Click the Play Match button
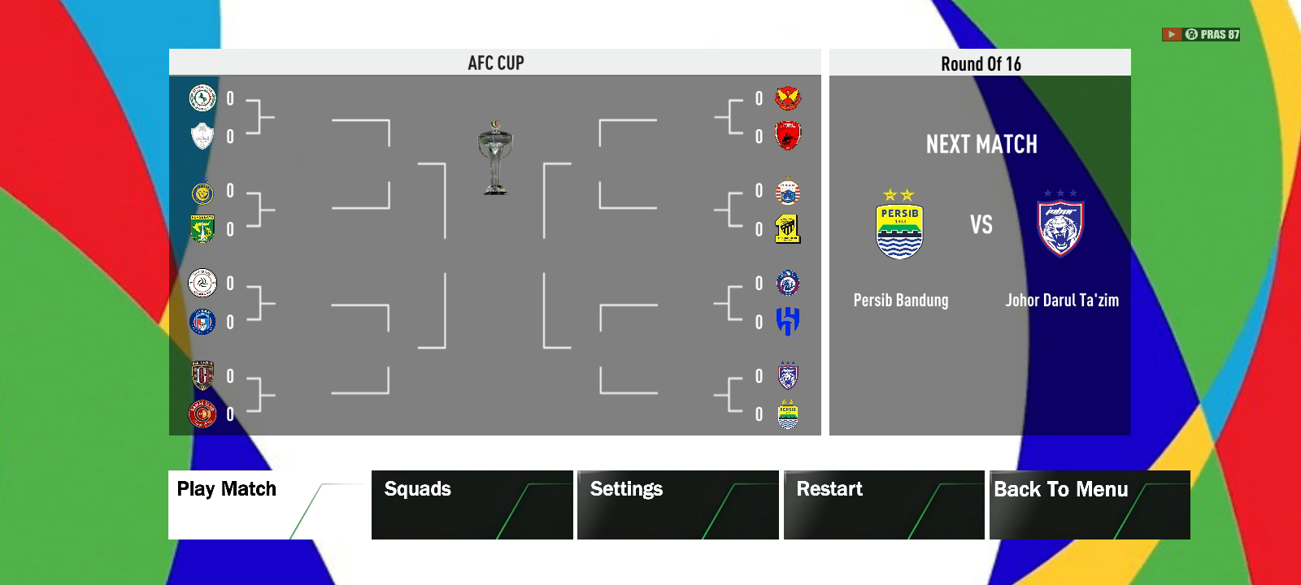click(268, 505)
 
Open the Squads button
click(472, 505)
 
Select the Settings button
click(677, 505)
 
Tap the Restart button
click(884, 505)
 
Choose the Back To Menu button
click(1090, 505)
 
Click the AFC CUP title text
click(496, 63)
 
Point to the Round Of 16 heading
click(981, 63)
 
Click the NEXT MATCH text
click(981, 145)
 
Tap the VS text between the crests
click(981, 224)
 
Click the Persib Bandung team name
click(900, 300)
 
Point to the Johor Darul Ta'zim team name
click(1061, 300)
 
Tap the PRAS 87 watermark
click(1202, 34)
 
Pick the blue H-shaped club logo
click(787, 322)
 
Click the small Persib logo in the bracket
click(787, 414)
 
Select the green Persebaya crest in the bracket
click(202, 229)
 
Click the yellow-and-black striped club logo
click(787, 229)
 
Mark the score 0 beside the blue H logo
click(759, 323)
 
